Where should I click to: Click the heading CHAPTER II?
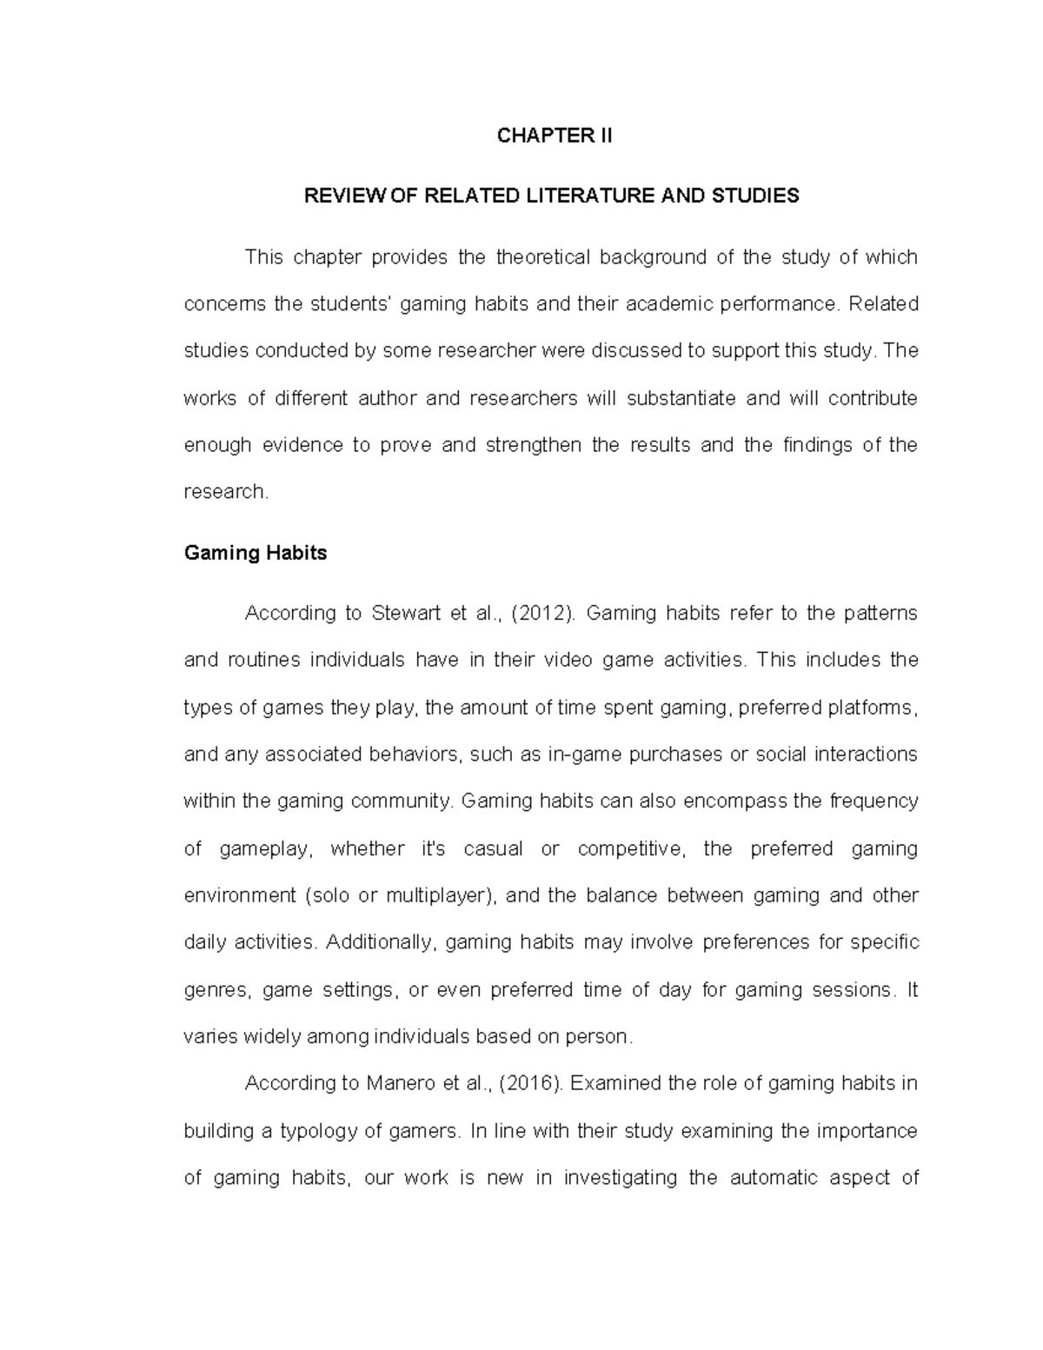[x=555, y=136]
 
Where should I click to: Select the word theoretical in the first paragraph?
[x=542, y=257]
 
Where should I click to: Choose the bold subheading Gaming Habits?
[x=256, y=553]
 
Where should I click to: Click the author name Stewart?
[x=403, y=614]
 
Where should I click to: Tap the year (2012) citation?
[x=543, y=614]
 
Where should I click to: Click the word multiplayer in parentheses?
[x=435, y=895]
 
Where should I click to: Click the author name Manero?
[x=400, y=1084]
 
